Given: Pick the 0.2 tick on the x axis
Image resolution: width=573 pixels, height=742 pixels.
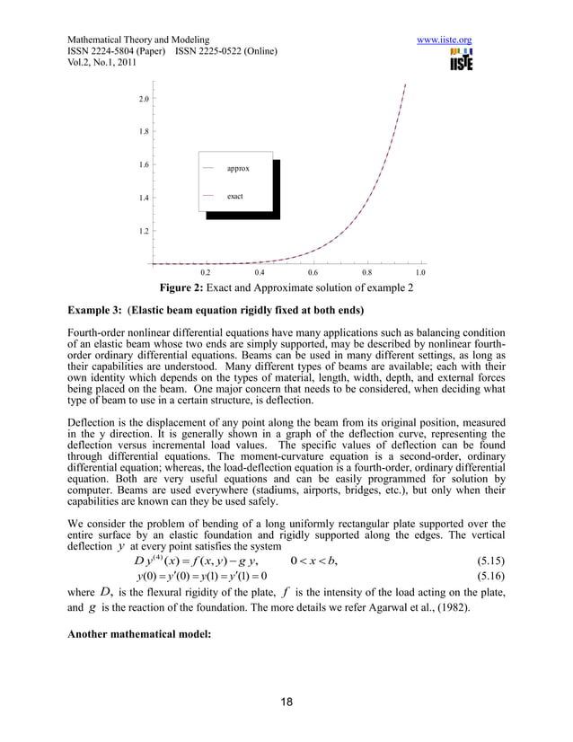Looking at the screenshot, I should (x=205, y=271).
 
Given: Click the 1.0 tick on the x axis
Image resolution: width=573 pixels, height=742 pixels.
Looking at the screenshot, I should (x=419, y=271).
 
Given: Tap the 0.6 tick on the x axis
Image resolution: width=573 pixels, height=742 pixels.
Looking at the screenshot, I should (x=313, y=271).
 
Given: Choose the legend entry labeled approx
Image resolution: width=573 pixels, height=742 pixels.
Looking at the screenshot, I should (x=237, y=168).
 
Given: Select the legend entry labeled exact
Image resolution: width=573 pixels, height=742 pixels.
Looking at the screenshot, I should (x=234, y=195).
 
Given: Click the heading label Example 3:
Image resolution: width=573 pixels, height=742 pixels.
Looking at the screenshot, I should (x=95, y=311).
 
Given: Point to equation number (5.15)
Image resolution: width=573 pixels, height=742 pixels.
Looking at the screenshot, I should (x=486, y=562).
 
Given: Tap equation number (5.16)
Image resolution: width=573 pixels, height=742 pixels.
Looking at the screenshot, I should (x=486, y=579).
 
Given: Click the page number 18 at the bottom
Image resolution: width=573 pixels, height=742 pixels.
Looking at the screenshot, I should (x=286, y=702).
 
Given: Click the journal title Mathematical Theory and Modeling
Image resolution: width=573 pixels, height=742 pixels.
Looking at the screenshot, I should (x=138, y=40).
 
